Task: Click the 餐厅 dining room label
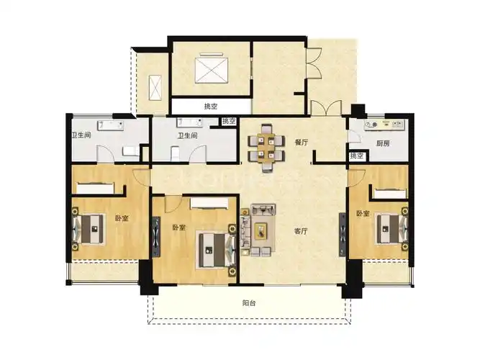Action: pyautogui.click(x=301, y=143)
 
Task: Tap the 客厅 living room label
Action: pyautogui.click(x=302, y=232)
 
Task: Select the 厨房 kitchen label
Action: pyautogui.click(x=383, y=143)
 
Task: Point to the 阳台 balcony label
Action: pyautogui.click(x=248, y=303)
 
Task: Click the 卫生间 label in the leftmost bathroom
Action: pyautogui.click(x=80, y=135)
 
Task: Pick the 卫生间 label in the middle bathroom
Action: pyautogui.click(x=188, y=135)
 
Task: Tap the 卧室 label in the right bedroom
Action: pyautogui.click(x=362, y=214)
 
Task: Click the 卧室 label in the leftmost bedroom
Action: pyautogui.click(x=121, y=218)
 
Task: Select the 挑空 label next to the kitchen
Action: pyautogui.click(x=356, y=156)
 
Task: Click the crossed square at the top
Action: pyautogui.click(x=209, y=73)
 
